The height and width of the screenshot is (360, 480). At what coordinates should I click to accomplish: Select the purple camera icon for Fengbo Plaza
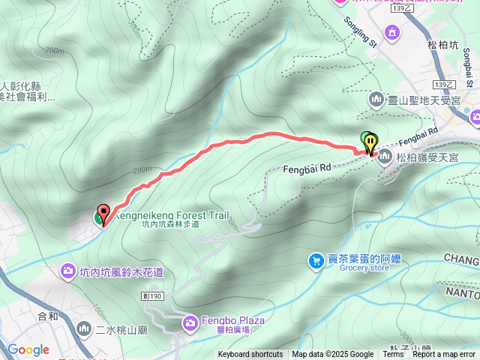(190, 322)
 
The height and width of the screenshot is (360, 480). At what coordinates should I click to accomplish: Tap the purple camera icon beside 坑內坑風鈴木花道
(69, 269)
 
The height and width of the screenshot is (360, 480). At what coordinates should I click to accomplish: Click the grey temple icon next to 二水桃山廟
(84, 328)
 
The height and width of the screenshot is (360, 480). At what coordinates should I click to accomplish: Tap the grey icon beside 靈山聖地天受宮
(376, 99)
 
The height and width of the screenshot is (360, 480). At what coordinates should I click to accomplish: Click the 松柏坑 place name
(443, 45)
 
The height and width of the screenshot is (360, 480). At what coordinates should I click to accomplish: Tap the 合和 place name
(48, 316)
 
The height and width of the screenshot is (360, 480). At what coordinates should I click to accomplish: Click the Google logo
(28, 349)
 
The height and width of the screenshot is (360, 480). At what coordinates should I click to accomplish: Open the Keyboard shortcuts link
(250, 355)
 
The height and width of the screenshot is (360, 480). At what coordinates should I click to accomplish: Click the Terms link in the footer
(393, 355)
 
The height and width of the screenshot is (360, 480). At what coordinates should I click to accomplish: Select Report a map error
(444, 355)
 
